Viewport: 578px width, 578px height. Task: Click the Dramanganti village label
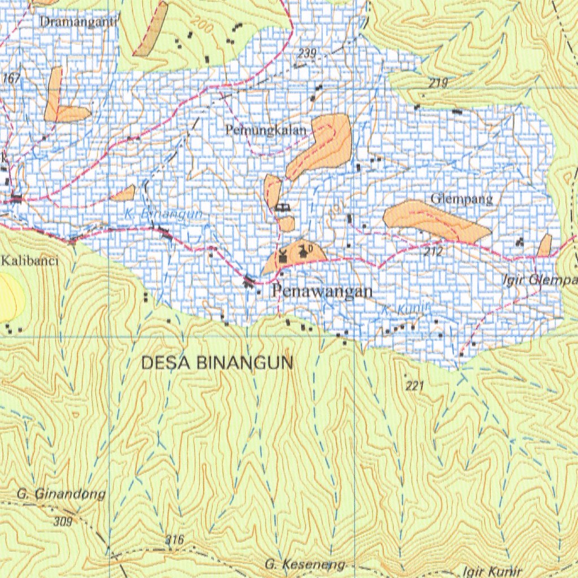tap(78, 22)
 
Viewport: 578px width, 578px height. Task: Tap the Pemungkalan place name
tap(266, 130)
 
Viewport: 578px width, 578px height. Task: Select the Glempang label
tap(462, 199)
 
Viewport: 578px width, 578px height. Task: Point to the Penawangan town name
tap(322, 291)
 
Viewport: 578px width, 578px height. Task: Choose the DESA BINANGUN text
tap(217, 364)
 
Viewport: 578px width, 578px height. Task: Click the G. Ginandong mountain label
tap(61, 494)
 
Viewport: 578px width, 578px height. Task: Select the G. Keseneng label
tap(305, 564)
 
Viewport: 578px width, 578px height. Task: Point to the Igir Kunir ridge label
tap(491, 571)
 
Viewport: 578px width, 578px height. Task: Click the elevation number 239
tap(307, 54)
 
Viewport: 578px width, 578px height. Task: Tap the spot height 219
tap(438, 84)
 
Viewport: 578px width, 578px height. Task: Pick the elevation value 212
tap(433, 251)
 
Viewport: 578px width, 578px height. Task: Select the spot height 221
tap(414, 386)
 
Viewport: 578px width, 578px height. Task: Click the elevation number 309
tap(64, 522)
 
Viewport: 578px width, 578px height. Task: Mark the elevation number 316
tap(175, 540)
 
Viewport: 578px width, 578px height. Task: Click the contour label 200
tap(202, 24)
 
